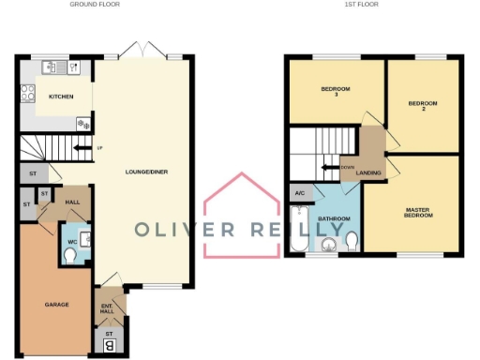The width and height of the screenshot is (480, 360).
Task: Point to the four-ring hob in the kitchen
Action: (28, 93)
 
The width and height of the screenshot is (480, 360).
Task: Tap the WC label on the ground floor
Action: (72, 242)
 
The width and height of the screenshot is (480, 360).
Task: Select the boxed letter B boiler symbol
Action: (109, 345)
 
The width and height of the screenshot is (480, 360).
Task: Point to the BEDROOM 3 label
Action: (336, 91)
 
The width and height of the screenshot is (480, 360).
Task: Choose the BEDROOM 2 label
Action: (423, 106)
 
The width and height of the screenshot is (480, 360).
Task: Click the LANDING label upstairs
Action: (368, 172)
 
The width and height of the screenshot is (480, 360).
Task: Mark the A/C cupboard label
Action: (300, 194)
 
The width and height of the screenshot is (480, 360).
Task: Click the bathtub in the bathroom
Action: (299, 239)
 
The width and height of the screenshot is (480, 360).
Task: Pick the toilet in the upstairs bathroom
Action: (351, 241)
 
